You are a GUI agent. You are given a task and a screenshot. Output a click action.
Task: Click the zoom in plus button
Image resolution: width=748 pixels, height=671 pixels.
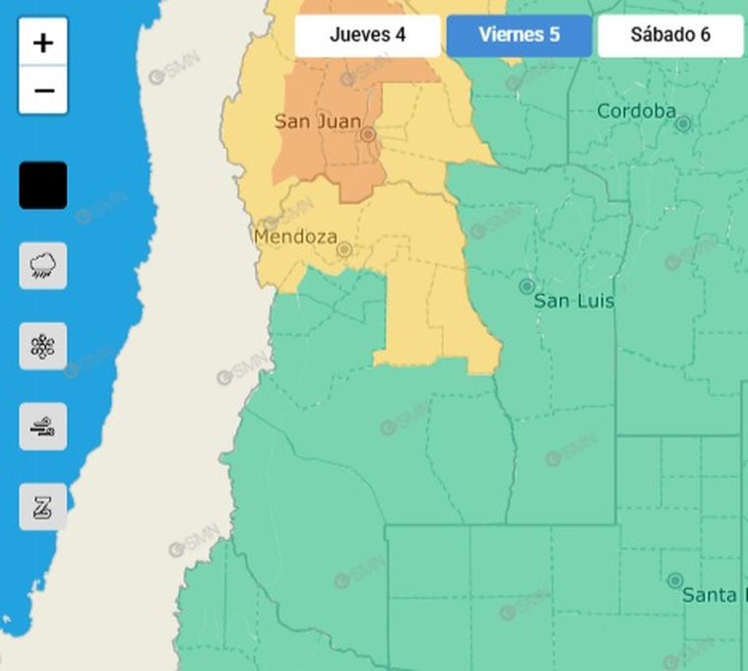pos(43,42)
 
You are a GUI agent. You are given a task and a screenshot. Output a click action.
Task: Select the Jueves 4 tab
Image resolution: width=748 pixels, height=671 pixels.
pos(367,35)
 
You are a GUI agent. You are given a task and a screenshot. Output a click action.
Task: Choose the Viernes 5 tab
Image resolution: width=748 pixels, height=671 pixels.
pos(519,35)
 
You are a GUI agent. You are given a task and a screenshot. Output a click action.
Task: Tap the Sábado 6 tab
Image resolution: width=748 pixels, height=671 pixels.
pos(669,35)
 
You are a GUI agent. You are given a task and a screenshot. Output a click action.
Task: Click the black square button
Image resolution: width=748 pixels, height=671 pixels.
pos(43,185)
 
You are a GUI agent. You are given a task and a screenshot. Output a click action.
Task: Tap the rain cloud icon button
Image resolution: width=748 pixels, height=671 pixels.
pos(43,265)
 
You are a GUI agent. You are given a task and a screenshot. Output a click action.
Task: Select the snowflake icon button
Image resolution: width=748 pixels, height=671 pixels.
pos(43,346)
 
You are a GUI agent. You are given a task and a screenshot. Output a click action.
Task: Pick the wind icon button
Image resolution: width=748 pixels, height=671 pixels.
pos(43,427)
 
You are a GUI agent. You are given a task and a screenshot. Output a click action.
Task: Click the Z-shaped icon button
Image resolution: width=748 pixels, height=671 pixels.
pos(43,507)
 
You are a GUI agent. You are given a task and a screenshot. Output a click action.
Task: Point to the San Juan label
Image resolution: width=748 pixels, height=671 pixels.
pos(317,121)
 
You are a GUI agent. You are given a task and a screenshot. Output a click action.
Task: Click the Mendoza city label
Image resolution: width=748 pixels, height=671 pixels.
pos(295,236)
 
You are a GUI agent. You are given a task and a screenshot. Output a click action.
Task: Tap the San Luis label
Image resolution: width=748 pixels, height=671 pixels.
pos(574,301)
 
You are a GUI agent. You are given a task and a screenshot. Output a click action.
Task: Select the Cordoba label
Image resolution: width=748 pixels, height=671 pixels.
pos(636,110)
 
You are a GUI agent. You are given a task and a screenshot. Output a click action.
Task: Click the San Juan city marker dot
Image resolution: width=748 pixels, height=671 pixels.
pos(368,133)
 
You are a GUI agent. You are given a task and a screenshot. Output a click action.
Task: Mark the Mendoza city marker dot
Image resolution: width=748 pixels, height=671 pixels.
pos(343,249)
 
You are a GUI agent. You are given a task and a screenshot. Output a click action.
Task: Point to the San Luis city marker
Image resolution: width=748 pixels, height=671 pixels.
pos(527,286)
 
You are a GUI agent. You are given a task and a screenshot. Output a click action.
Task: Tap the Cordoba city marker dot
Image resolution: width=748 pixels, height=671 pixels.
pos(683,123)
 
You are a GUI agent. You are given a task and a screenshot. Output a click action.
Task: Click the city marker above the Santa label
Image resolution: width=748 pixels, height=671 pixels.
pos(675,580)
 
